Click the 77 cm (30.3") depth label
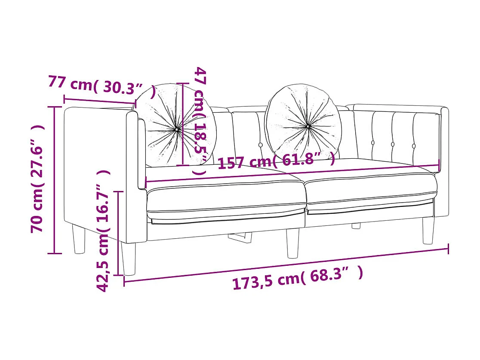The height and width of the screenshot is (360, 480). [102, 86]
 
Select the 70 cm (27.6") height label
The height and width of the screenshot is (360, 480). [37, 179]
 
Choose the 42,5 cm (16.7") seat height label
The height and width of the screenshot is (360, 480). [103, 231]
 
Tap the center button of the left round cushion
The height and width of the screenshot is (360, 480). [177, 130]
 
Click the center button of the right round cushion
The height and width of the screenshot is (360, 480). [308, 126]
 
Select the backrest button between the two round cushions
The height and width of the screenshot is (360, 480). [261, 145]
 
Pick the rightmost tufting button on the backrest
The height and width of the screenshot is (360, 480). [414, 146]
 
